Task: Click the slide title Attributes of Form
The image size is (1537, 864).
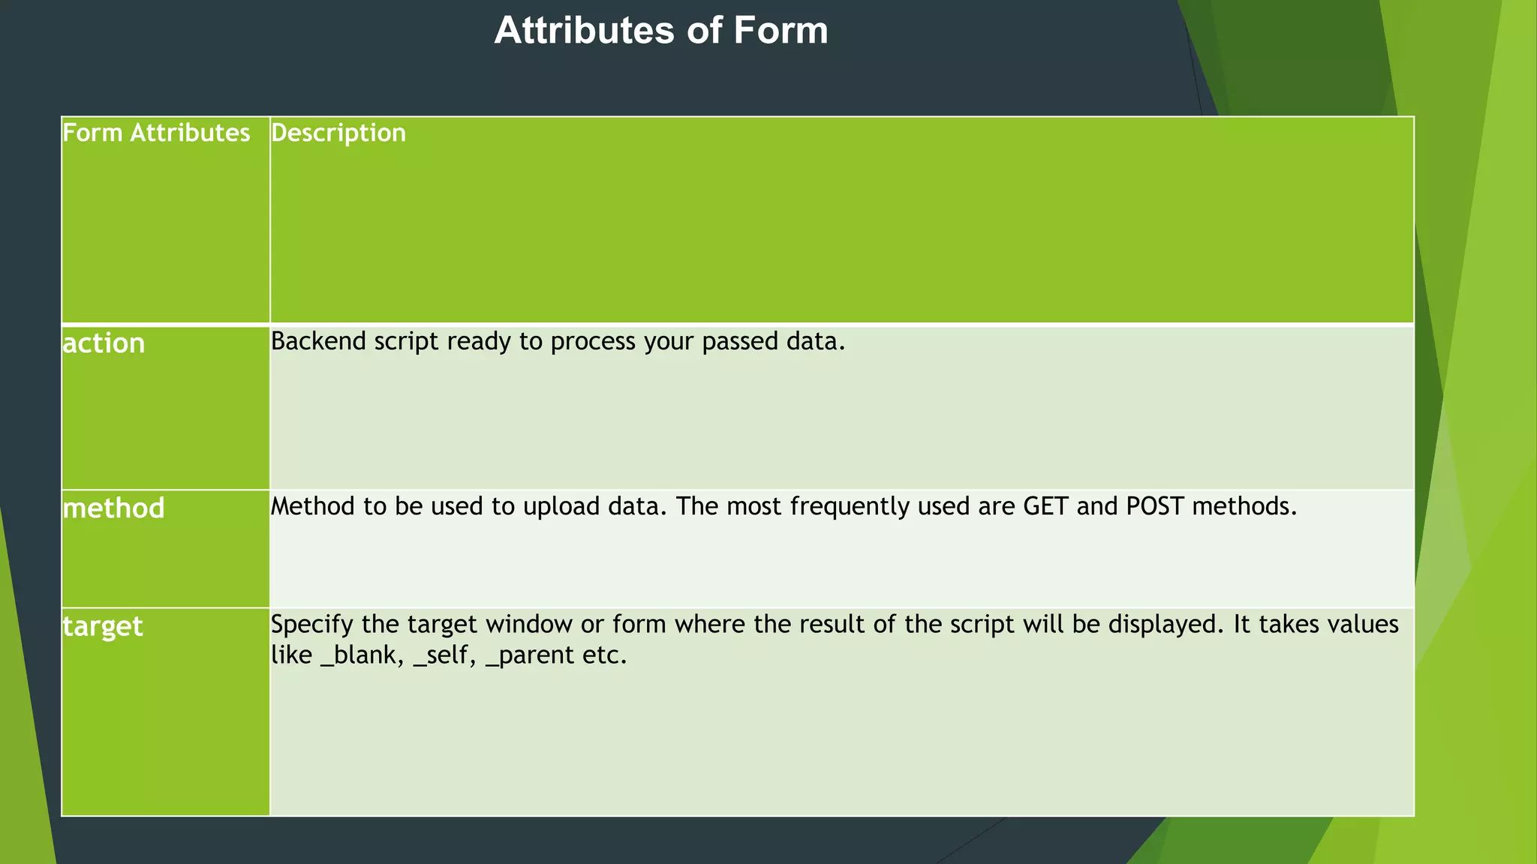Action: point(660,31)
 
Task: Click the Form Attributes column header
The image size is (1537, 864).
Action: point(156,133)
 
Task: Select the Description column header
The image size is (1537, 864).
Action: point(338,133)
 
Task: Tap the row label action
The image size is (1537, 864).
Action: point(104,343)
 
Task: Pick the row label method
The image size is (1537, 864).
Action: point(113,508)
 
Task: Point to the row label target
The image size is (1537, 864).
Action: point(102,626)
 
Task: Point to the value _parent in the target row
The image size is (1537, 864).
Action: point(530,655)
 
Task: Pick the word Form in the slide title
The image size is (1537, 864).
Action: point(781,31)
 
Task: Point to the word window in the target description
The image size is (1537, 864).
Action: point(529,624)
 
